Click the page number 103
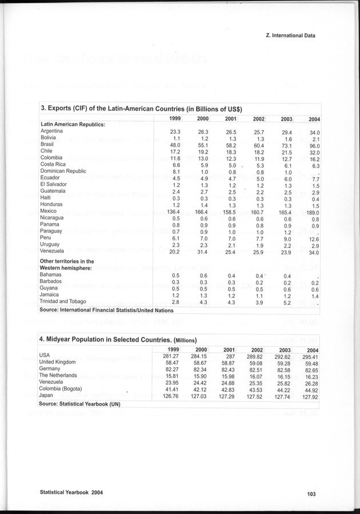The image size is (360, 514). (x=311, y=495)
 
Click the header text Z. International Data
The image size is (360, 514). (x=291, y=35)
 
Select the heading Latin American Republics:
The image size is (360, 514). (x=73, y=124)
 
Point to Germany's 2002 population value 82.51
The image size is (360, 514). (x=253, y=369)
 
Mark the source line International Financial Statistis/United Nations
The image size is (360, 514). (x=106, y=310)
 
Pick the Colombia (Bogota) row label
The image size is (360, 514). (x=60, y=389)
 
